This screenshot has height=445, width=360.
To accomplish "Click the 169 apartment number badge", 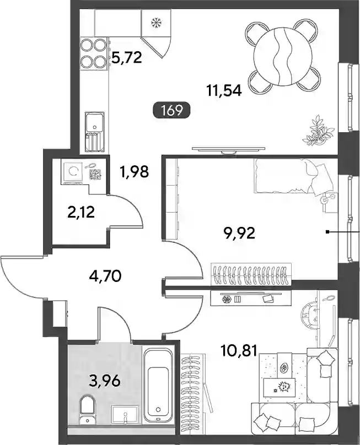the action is coord(172,110).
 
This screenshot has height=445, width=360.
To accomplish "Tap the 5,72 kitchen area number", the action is coord(127,58).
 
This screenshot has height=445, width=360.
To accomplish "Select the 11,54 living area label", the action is coord(224,91).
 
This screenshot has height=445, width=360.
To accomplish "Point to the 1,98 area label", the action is coord(135,172).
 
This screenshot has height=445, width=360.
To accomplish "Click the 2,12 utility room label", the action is coord(81,212).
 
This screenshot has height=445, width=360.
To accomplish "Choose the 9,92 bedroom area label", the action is coord(239,234).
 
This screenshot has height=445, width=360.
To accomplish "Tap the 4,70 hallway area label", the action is coord(105,276).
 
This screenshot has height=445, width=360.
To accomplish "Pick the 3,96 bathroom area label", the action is coord(105,381).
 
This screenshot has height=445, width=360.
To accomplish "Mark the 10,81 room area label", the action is coord(239,351).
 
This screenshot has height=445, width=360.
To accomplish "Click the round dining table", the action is coord(283,57).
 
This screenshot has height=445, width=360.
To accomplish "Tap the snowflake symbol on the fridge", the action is coord(156,23).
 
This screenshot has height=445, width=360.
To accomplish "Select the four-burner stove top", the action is coord(94,53).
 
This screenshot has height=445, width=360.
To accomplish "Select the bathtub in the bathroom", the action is coord(158,386).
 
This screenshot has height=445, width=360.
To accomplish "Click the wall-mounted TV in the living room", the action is coord(228,149).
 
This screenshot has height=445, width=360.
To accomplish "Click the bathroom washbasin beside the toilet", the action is coord(125,415).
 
